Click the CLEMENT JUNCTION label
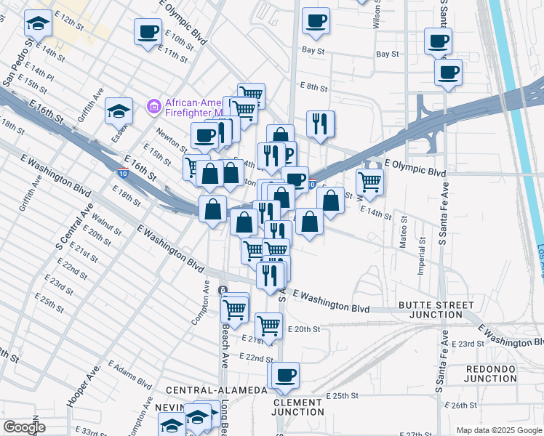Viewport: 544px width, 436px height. (x=297, y=407)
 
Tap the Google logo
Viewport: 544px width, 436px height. (x=24, y=427)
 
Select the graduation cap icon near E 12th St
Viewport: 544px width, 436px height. (x=38, y=24)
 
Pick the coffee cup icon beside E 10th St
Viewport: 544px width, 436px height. (x=148, y=31)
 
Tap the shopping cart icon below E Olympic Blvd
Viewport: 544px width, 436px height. (x=369, y=182)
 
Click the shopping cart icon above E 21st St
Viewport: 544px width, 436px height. (x=268, y=325)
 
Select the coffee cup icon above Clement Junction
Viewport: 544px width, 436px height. (x=286, y=375)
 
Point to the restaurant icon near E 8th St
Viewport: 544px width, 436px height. (x=320, y=124)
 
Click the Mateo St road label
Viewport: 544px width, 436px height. (x=401, y=235)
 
